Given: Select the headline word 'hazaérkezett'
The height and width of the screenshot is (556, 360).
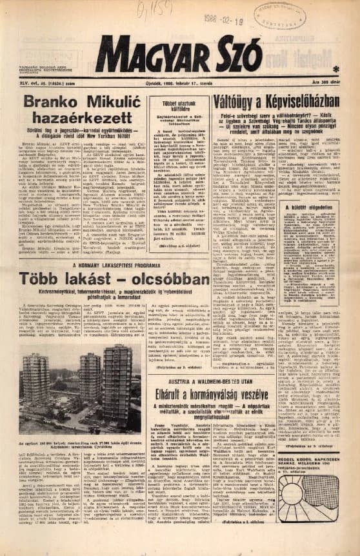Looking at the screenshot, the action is point(72,120).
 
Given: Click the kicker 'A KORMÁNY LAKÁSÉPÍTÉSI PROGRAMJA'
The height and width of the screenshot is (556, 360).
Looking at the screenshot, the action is point(105,266).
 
